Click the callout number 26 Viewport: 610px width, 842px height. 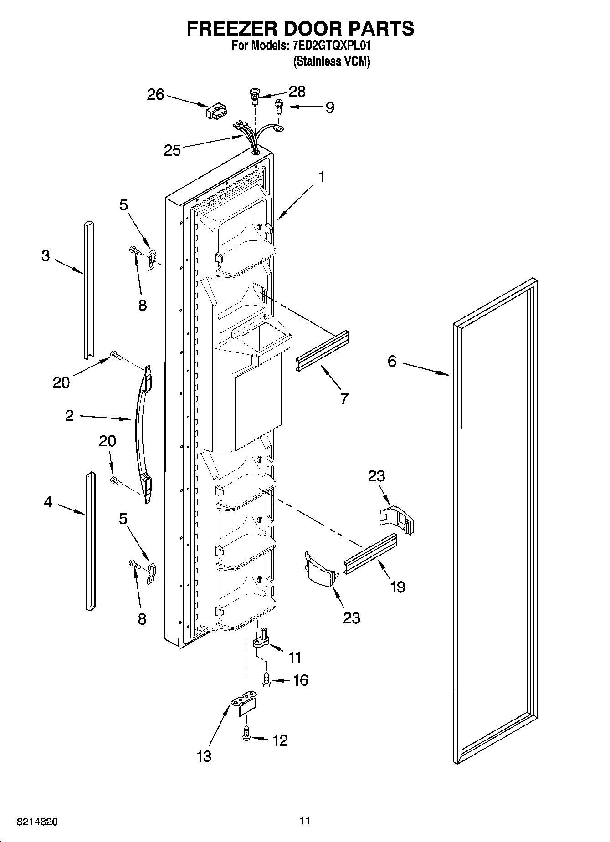[x=155, y=95]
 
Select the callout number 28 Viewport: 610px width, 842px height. [x=297, y=92]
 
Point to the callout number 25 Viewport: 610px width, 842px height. [x=172, y=150]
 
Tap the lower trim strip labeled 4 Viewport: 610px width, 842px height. [x=90, y=540]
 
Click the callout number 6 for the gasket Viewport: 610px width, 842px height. [x=392, y=361]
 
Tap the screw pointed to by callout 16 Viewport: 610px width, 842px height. [x=266, y=681]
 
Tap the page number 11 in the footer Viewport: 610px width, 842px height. [x=305, y=821]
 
